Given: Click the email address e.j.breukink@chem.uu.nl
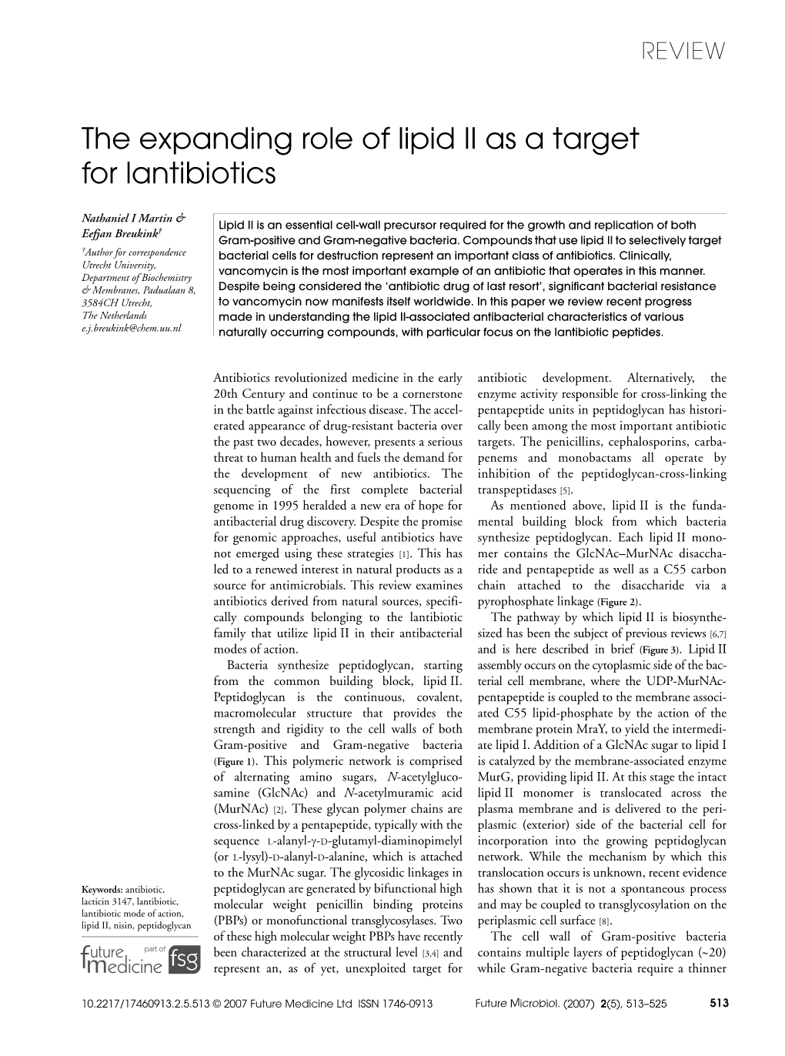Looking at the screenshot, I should [x=131, y=328].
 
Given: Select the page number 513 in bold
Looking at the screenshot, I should [x=716, y=1004].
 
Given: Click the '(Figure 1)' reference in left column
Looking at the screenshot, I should [x=235, y=761].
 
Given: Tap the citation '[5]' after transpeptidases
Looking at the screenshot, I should [x=566, y=490].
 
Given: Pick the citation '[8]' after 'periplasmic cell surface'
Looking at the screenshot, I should [x=605, y=921].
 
